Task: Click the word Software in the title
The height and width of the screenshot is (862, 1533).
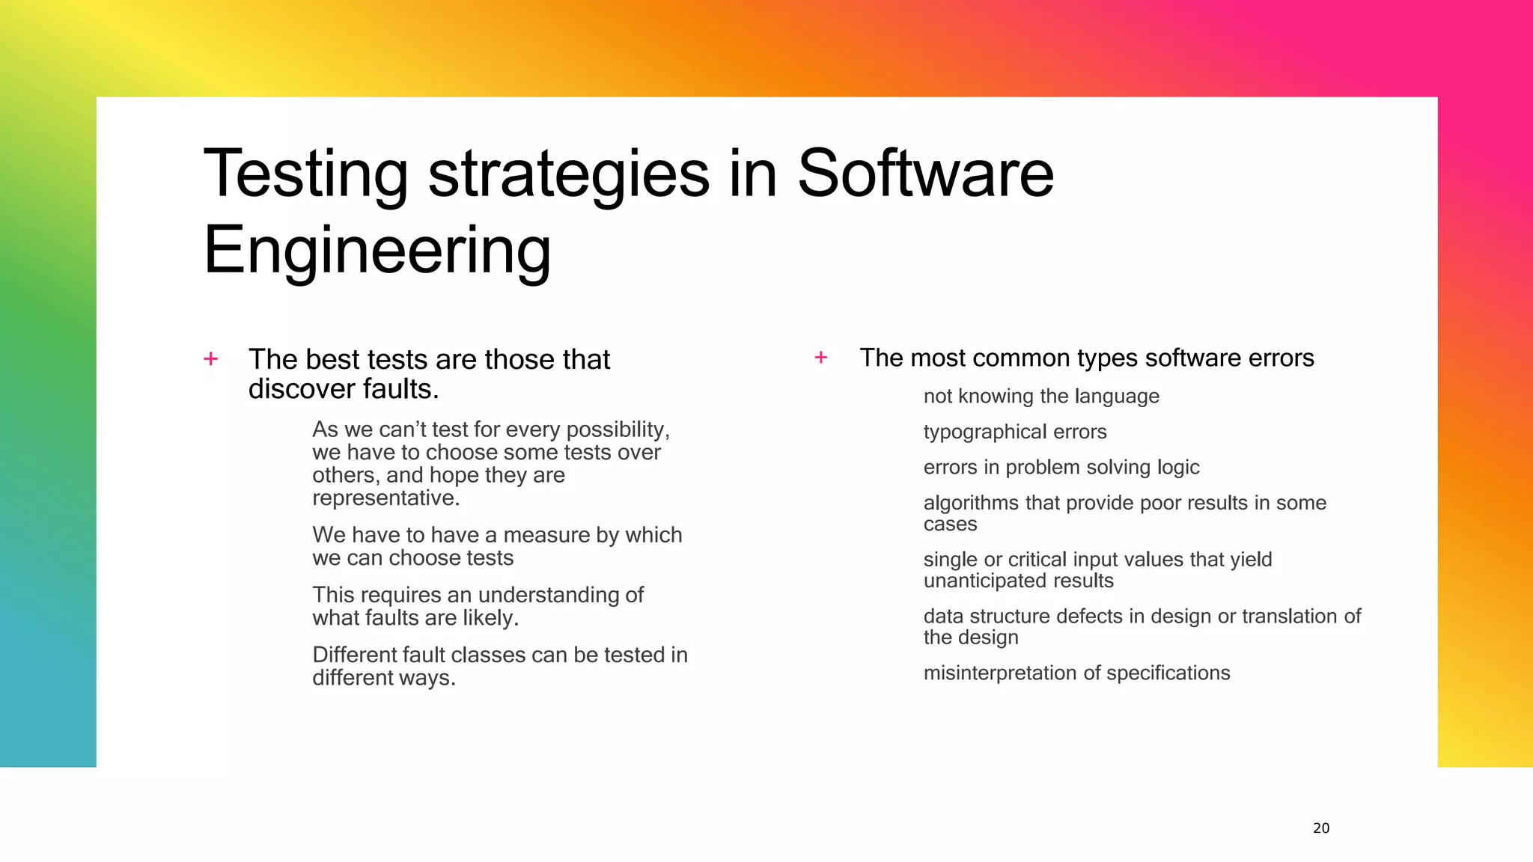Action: (x=925, y=174)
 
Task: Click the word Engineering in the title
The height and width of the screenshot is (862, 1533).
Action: (x=377, y=251)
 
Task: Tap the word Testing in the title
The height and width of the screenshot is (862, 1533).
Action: (x=305, y=174)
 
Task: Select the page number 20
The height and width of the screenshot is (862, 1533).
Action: (x=1321, y=828)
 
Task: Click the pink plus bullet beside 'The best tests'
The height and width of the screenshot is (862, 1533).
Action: (x=211, y=359)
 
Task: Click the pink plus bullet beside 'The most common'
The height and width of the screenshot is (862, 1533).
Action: (x=821, y=358)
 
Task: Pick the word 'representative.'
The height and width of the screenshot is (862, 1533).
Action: (x=386, y=498)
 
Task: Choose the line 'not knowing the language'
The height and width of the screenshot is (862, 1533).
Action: (x=1041, y=396)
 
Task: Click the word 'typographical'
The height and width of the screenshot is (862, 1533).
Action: (x=984, y=432)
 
